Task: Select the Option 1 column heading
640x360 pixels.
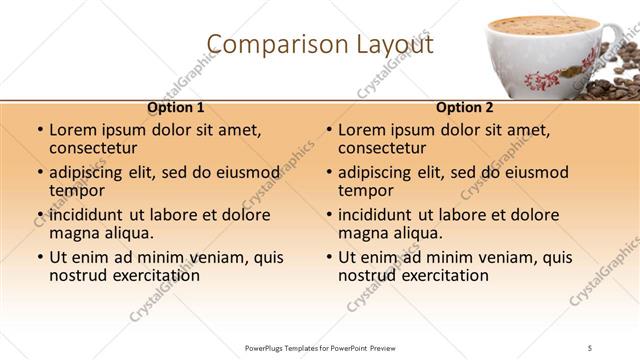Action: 176,107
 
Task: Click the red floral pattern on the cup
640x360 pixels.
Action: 545,76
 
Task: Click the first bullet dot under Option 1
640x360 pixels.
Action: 40,131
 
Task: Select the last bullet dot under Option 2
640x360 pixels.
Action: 329,257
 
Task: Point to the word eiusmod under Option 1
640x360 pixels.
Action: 242,172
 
